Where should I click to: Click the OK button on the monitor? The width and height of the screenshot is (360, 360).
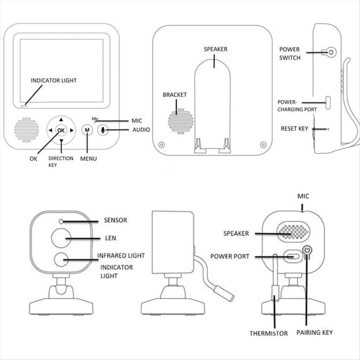click(x=61, y=130)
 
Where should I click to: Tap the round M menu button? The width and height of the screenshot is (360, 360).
click(x=88, y=130)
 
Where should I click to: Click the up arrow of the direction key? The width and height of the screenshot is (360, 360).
click(x=61, y=119)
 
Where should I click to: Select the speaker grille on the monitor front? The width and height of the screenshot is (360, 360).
click(x=27, y=130)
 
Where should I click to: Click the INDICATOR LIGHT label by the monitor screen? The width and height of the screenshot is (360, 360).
click(x=54, y=81)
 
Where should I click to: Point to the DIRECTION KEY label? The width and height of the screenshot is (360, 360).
click(x=61, y=162)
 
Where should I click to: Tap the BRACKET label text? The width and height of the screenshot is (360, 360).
click(x=175, y=95)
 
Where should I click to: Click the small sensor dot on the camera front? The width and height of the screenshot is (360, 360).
click(x=61, y=221)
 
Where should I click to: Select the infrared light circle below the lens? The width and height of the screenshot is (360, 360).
click(x=61, y=261)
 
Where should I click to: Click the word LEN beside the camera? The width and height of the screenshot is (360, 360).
click(x=109, y=238)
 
